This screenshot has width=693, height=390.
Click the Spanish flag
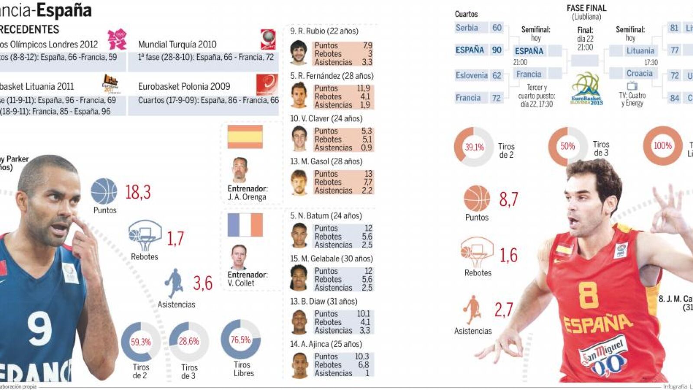(x=245, y=137)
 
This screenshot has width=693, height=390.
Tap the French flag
(x=245, y=225)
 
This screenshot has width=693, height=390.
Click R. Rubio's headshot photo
(x=299, y=53)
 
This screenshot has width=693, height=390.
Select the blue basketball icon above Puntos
(x=104, y=191)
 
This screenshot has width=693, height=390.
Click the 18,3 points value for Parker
(x=138, y=192)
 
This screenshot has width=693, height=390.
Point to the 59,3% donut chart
(x=141, y=342)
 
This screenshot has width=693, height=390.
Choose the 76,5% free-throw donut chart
(x=241, y=340)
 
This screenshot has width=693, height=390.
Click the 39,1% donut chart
(x=474, y=147)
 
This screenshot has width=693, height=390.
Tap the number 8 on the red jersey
(x=588, y=295)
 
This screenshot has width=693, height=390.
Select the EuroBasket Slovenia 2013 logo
(x=586, y=89)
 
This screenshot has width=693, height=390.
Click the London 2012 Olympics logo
(x=117, y=39)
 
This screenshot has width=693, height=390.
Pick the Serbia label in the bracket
(x=467, y=28)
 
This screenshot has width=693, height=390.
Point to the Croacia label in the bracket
(x=639, y=73)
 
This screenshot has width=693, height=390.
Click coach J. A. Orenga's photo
(x=239, y=170)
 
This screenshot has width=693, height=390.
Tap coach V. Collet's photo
(x=239, y=257)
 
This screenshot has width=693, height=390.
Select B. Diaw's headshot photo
(x=299, y=322)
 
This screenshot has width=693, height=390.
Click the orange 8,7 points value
(x=508, y=199)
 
